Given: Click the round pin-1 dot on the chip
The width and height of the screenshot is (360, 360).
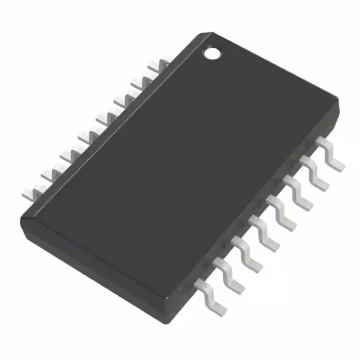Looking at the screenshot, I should (212, 54).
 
